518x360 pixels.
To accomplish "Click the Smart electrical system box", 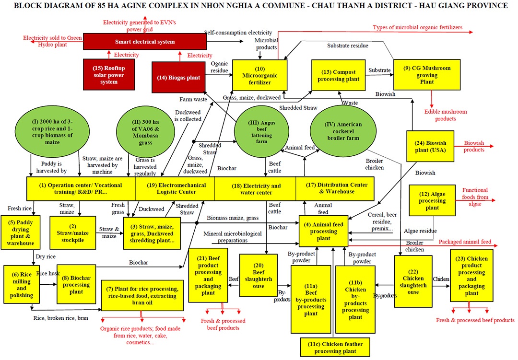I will coord(144,42).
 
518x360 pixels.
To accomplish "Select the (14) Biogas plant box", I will coord(178,77).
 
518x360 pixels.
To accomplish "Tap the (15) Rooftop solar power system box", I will coord(109,75).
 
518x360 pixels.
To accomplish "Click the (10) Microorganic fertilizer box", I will coord(259,75).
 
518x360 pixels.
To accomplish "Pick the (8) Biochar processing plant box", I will coord(76,284).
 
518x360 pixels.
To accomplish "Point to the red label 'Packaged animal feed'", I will coord(465,242).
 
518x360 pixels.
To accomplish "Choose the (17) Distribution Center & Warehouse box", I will coord(336,188).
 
